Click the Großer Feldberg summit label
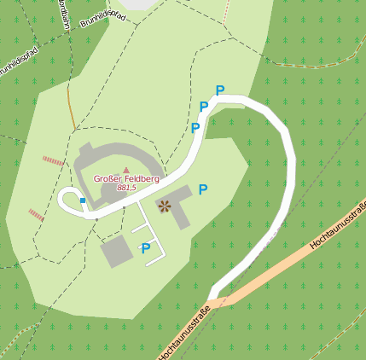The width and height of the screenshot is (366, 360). click(126, 178)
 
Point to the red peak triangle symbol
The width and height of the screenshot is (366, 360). click(126, 170)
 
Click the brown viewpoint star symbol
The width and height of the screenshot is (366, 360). click(164, 205)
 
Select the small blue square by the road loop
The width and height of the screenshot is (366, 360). click(83, 200)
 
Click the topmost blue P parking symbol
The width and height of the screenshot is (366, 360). click(220, 90)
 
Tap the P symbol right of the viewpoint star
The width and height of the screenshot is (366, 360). click(202, 189)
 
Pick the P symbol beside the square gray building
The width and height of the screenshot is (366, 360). click(146, 248)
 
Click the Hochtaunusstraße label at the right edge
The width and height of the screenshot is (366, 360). click(339, 225)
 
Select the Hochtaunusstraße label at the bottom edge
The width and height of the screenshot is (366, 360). click(184, 334)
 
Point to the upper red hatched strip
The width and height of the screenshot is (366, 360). click(53, 160)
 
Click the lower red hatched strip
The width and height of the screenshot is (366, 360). click(36, 215)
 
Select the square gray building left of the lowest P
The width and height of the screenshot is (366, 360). click(117, 252)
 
